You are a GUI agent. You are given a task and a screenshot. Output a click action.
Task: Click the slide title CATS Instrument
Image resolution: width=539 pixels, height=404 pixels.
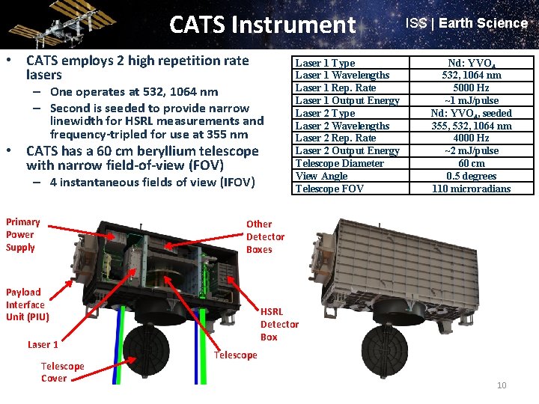click(x=262, y=25)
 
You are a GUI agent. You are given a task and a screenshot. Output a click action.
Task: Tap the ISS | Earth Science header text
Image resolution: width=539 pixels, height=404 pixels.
click(x=466, y=23)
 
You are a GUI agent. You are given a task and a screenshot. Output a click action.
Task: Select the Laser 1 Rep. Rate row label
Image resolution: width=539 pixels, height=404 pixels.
click(x=335, y=88)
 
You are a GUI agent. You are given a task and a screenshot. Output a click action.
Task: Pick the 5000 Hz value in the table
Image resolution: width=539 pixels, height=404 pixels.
click(x=471, y=88)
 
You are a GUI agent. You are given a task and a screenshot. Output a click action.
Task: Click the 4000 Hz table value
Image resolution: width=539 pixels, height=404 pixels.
click(x=471, y=138)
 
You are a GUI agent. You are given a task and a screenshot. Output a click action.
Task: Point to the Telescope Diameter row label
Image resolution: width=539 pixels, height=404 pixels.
click(x=339, y=164)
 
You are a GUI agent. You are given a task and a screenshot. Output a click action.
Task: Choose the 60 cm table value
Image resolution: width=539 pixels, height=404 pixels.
click(x=471, y=164)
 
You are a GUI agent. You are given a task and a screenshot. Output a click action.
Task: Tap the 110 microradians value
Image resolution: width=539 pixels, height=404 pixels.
click(x=471, y=189)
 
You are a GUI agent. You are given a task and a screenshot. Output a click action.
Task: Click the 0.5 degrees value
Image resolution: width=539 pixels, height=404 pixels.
click(x=471, y=177)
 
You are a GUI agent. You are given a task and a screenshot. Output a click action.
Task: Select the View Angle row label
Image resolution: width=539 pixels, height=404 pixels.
click(x=321, y=177)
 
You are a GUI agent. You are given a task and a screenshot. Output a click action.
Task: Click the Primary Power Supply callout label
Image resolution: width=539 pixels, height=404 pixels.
click(x=22, y=234)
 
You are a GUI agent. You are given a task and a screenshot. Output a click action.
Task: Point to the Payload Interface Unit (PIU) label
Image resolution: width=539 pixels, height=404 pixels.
click(x=27, y=304)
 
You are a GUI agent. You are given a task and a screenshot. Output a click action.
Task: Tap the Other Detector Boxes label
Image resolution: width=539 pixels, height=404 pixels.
click(x=265, y=236)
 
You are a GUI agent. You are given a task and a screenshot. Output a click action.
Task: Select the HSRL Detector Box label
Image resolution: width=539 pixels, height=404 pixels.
click(x=278, y=324)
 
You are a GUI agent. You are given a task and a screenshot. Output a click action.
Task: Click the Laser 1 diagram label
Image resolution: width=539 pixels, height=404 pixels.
click(x=43, y=344)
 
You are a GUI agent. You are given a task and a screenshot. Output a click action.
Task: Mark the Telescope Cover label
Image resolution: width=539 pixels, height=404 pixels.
click(x=62, y=372)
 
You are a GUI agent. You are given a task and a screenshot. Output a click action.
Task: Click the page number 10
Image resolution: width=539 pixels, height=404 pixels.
click(x=502, y=385)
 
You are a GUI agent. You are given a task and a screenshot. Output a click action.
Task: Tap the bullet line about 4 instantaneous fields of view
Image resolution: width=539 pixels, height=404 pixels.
click(x=152, y=183)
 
